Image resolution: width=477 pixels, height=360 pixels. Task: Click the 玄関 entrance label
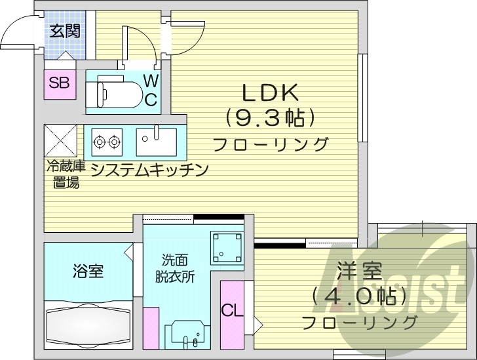(x=63, y=31)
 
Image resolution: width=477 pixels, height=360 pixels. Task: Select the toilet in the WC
(x=115, y=90)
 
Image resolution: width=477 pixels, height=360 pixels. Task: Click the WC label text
(x=151, y=90)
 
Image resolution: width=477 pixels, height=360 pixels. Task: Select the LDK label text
(x=271, y=92)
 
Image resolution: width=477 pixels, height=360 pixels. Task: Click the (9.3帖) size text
(x=271, y=118)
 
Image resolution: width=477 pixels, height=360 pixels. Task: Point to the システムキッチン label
(x=149, y=170)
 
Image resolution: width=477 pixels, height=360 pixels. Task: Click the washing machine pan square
(x=226, y=246)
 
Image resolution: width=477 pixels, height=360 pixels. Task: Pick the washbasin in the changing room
(x=187, y=334)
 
